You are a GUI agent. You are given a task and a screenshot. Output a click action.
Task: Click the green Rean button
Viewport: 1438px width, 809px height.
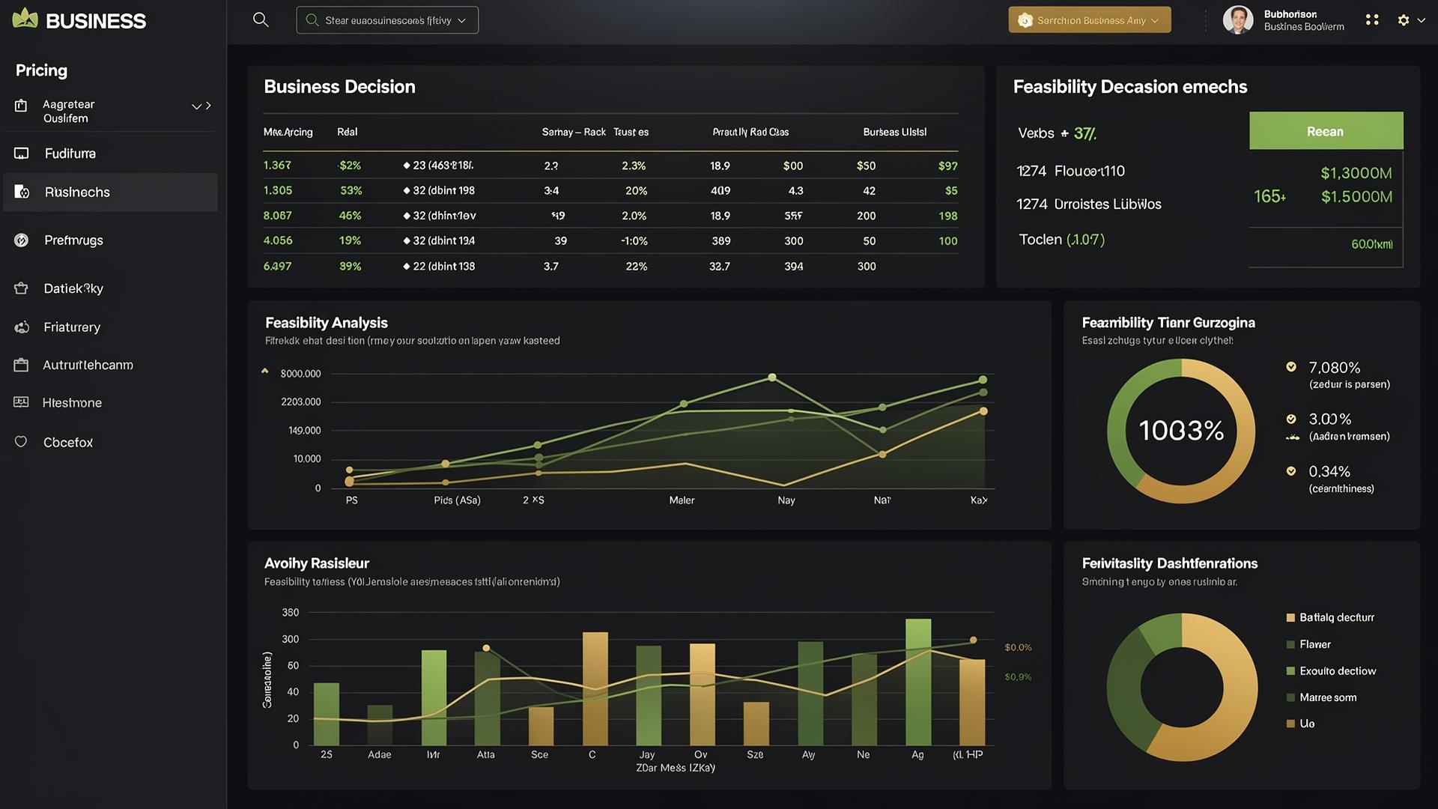(1326, 131)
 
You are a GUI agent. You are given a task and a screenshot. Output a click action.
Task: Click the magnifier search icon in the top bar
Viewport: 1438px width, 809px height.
(261, 20)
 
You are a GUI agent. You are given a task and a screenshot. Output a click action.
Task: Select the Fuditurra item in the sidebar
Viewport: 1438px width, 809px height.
(70, 154)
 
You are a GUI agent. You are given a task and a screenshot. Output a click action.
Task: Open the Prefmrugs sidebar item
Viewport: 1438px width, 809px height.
(73, 240)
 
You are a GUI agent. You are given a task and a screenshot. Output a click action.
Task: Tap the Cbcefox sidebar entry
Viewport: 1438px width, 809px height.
(68, 443)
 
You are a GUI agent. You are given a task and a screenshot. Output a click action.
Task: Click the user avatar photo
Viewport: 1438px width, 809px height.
(1237, 20)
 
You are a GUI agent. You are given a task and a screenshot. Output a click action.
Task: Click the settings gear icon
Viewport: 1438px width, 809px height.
(1404, 20)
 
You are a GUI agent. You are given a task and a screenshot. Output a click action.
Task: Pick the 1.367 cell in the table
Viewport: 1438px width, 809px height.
(277, 166)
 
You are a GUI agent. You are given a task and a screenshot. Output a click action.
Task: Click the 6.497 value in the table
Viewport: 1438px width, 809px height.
(277, 266)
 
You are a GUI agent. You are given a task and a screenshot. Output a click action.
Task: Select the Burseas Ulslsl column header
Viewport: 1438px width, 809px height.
(894, 132)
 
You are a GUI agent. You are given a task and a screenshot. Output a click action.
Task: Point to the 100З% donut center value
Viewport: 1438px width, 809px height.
(1181, 431)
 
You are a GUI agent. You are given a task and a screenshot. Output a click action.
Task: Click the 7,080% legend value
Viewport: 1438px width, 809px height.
(1334, 368)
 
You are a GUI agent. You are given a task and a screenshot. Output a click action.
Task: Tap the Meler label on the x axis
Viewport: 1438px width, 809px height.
(682, 500)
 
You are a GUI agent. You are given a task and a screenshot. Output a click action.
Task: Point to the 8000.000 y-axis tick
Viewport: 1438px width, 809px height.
(300, 374)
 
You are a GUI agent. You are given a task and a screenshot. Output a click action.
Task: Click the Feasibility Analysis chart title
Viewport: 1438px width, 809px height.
(327, 323)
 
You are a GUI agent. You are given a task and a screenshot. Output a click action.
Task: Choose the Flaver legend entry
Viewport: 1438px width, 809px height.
(1315, 644)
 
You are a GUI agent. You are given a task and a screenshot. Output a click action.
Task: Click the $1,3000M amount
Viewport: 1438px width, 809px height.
(1356, 173)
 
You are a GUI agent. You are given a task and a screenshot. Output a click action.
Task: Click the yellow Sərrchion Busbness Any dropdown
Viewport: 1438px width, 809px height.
(1089, 20)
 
